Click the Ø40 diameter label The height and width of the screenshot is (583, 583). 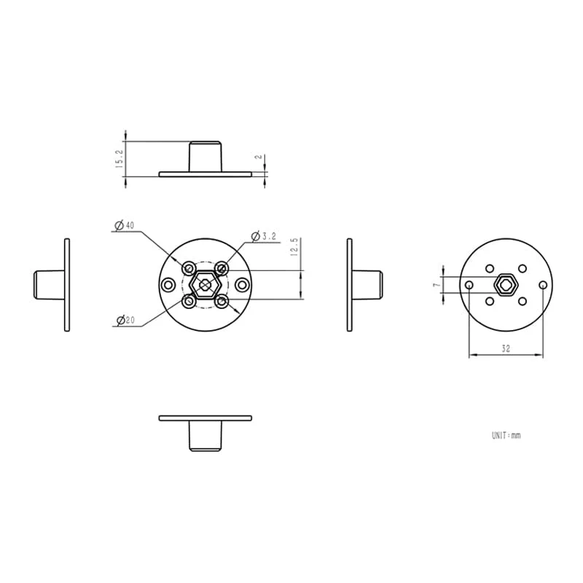click(x=125, y=226)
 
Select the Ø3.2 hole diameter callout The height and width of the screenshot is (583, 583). click(x=264, y=236)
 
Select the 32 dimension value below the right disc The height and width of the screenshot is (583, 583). click(x=505, y=349)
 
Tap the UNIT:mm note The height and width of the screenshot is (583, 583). click(x=506, y=435)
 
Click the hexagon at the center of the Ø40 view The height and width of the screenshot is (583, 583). click(x=206, y=284)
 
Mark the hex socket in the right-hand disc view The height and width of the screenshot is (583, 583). click(x=506, y=284)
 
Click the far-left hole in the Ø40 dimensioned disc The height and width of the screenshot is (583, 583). click(x=168, y=284)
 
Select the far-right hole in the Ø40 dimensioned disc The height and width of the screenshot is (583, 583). click(x=243, y=284)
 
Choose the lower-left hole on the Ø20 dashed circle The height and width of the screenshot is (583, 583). click(x=189, y=300)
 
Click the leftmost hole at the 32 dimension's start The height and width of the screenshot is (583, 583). click(x=469, y=284)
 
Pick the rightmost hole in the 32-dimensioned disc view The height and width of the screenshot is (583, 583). click(x=543, y=284)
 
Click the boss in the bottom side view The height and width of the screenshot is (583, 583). click(x=205, y=436)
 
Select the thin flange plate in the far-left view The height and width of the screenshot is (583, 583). click(x=67, y=285)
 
